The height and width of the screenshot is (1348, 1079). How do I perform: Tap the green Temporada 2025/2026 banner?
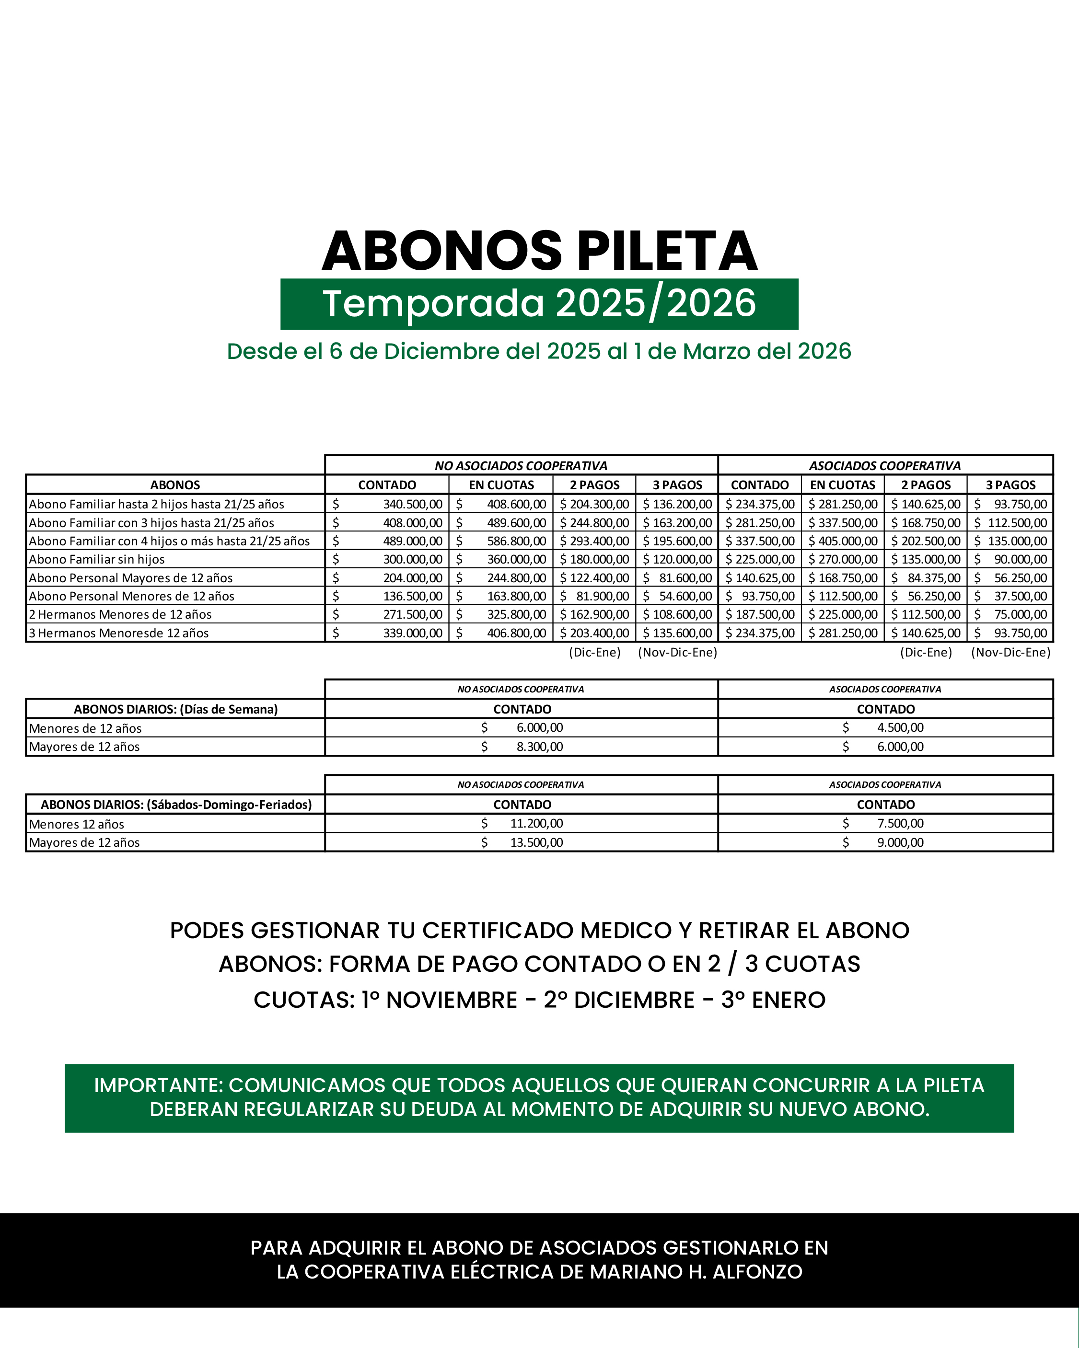[539, 304]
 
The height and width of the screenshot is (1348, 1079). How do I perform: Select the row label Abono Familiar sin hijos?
[97, 559]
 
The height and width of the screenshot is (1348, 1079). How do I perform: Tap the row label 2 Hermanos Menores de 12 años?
[120, 614]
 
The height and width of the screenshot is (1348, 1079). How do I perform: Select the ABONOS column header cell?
[175, 484]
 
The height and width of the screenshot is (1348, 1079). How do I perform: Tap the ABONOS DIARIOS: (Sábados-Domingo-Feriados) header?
[176, 805]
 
